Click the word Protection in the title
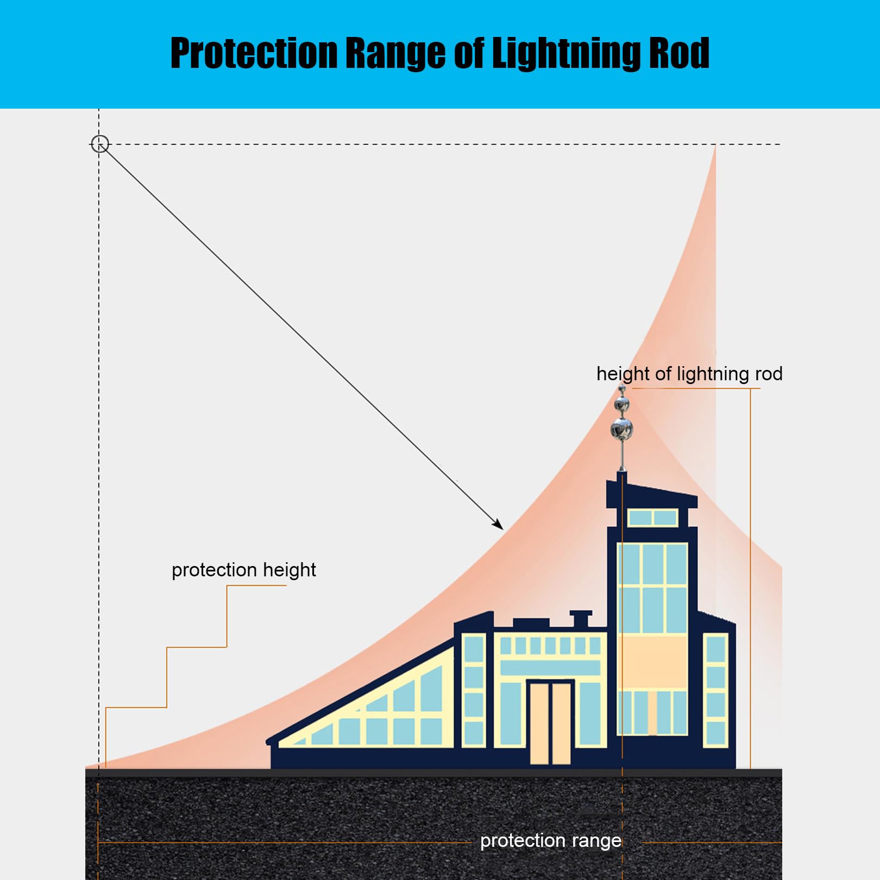(254, 53)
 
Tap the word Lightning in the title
(567, 53)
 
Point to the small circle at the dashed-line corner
(100, 144)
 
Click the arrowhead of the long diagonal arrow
(498, 524)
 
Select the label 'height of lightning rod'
(689, 374)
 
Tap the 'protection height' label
(243, 570)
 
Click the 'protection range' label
(550, 840)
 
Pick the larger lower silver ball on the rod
(622, 429)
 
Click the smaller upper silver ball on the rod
(622, 404)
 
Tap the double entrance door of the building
(550, 722)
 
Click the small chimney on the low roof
(580, 618)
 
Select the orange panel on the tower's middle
(652, 662)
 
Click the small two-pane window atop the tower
(652, 518)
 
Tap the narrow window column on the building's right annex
(716, 690)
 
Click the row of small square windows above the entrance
(550, 645)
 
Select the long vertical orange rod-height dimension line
(750, 576)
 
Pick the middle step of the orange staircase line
(197, 648)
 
